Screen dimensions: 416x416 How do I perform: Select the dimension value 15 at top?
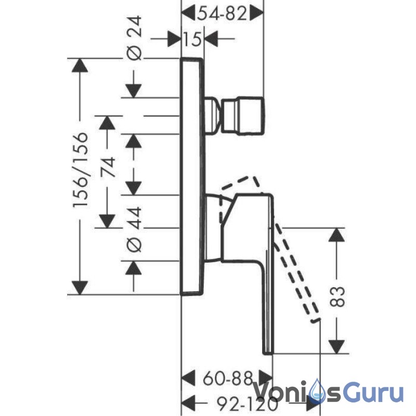tap(192, 40)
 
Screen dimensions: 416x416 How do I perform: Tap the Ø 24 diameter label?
tap(134, 37)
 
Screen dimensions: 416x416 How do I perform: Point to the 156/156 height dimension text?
tap(80, 170)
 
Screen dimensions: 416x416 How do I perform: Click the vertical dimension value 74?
tap(108, 166)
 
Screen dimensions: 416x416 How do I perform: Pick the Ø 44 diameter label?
tap(134, 229)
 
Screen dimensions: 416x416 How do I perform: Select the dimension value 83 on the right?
tap(336, 296)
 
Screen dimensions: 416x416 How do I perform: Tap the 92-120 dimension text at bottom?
tap(248, 404)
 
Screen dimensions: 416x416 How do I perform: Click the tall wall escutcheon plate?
tap(192, 176)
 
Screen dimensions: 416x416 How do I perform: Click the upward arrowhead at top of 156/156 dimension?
tap(80, 64)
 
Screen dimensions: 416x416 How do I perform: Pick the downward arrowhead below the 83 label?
tap(336, 347)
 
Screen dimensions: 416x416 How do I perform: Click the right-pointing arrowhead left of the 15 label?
tap(174, 39)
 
